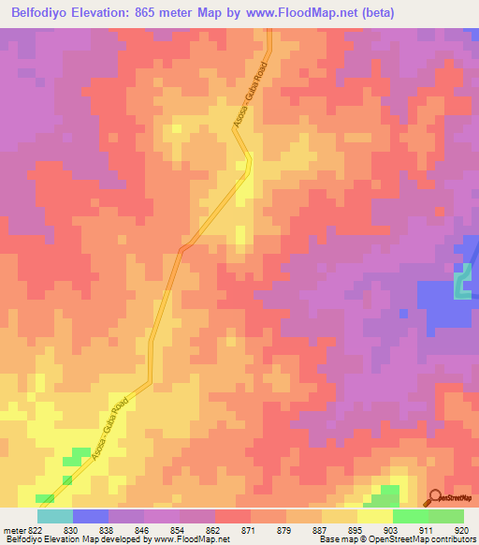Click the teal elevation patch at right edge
461,284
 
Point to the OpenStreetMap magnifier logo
433,497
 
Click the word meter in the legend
11,530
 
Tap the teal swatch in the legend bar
54,516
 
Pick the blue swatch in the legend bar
90,516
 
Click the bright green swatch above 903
410,516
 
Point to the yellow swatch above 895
339,516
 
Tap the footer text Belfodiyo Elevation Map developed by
80,540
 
